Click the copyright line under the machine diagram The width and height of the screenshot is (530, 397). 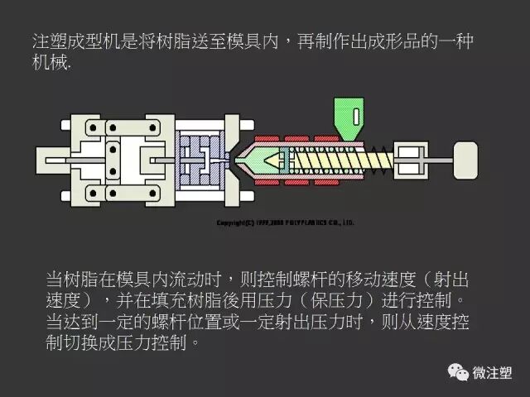pos(285,222)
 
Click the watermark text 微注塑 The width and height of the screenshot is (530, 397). pos(493,373)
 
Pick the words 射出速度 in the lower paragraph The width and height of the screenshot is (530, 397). pos(449,277)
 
